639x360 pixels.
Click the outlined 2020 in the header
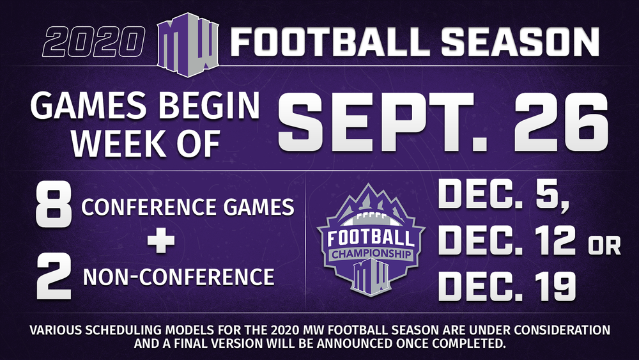93,42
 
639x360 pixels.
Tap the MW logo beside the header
188,44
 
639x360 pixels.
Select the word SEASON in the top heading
520,42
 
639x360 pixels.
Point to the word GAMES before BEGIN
88,106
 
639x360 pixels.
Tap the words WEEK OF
146,143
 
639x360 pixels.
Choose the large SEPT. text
382,122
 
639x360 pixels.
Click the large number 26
561,122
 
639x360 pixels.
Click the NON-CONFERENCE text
178,278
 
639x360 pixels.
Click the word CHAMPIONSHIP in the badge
371,254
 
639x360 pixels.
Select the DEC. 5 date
504,195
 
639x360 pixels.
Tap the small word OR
604,246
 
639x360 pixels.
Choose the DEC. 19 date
507,286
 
